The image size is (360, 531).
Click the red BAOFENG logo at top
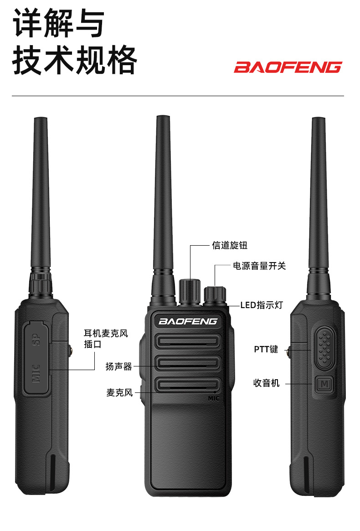(x=288, y=67)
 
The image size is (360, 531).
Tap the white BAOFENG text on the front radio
(x=188, y=321)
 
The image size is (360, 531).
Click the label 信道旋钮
(x=230, y=245)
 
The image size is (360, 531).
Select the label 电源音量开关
(x=259, y=266)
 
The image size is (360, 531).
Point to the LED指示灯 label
(x=262, y=305)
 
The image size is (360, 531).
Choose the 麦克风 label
(x=119, y=392)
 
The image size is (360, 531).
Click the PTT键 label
(x=266, y=350)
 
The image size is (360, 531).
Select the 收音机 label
(x=266, y=383)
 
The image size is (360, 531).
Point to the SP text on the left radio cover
(x=37, y=340)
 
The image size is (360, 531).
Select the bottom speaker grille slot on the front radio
(x=188, y=385)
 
